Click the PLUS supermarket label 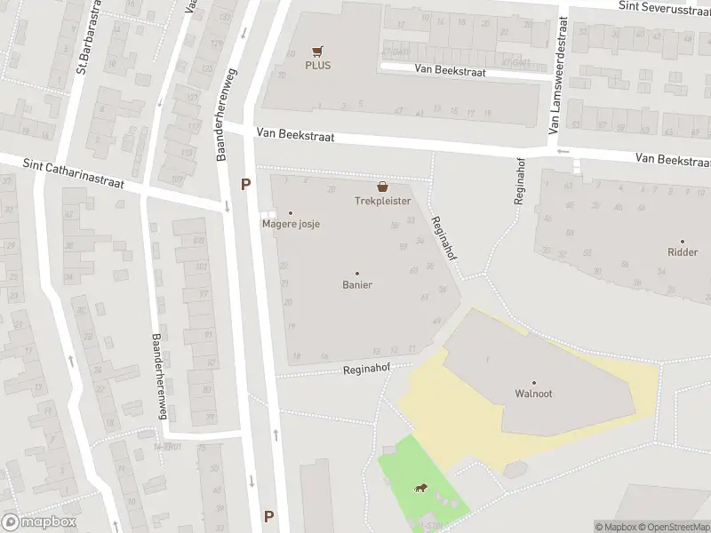pyautogui.click(x=317, y=65)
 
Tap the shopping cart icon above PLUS pyautogui.click(x=317, y=51)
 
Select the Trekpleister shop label pyautogui.click(x=383, y=202)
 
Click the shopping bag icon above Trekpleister pyautogui.click(x=383, y=187)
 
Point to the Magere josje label pyautogui.click(x=291, y=224)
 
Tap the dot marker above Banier pyautogui.click(x=357, y=273)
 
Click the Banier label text pyautogui.click(x=357, y=285)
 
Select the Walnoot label pyautogui.click(x=534, y=394)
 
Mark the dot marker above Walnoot pyautogui.click(x=534, y=382)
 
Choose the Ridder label pyautogui.click(x=683, y=252)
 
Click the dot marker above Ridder pyautogui.click(x=683, y=241)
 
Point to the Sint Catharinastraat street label pyautogui.click(x=74, y=174)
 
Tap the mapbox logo pyautogui.click(x=39, y=522)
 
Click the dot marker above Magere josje pyautogui.click(x=290, y=212)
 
